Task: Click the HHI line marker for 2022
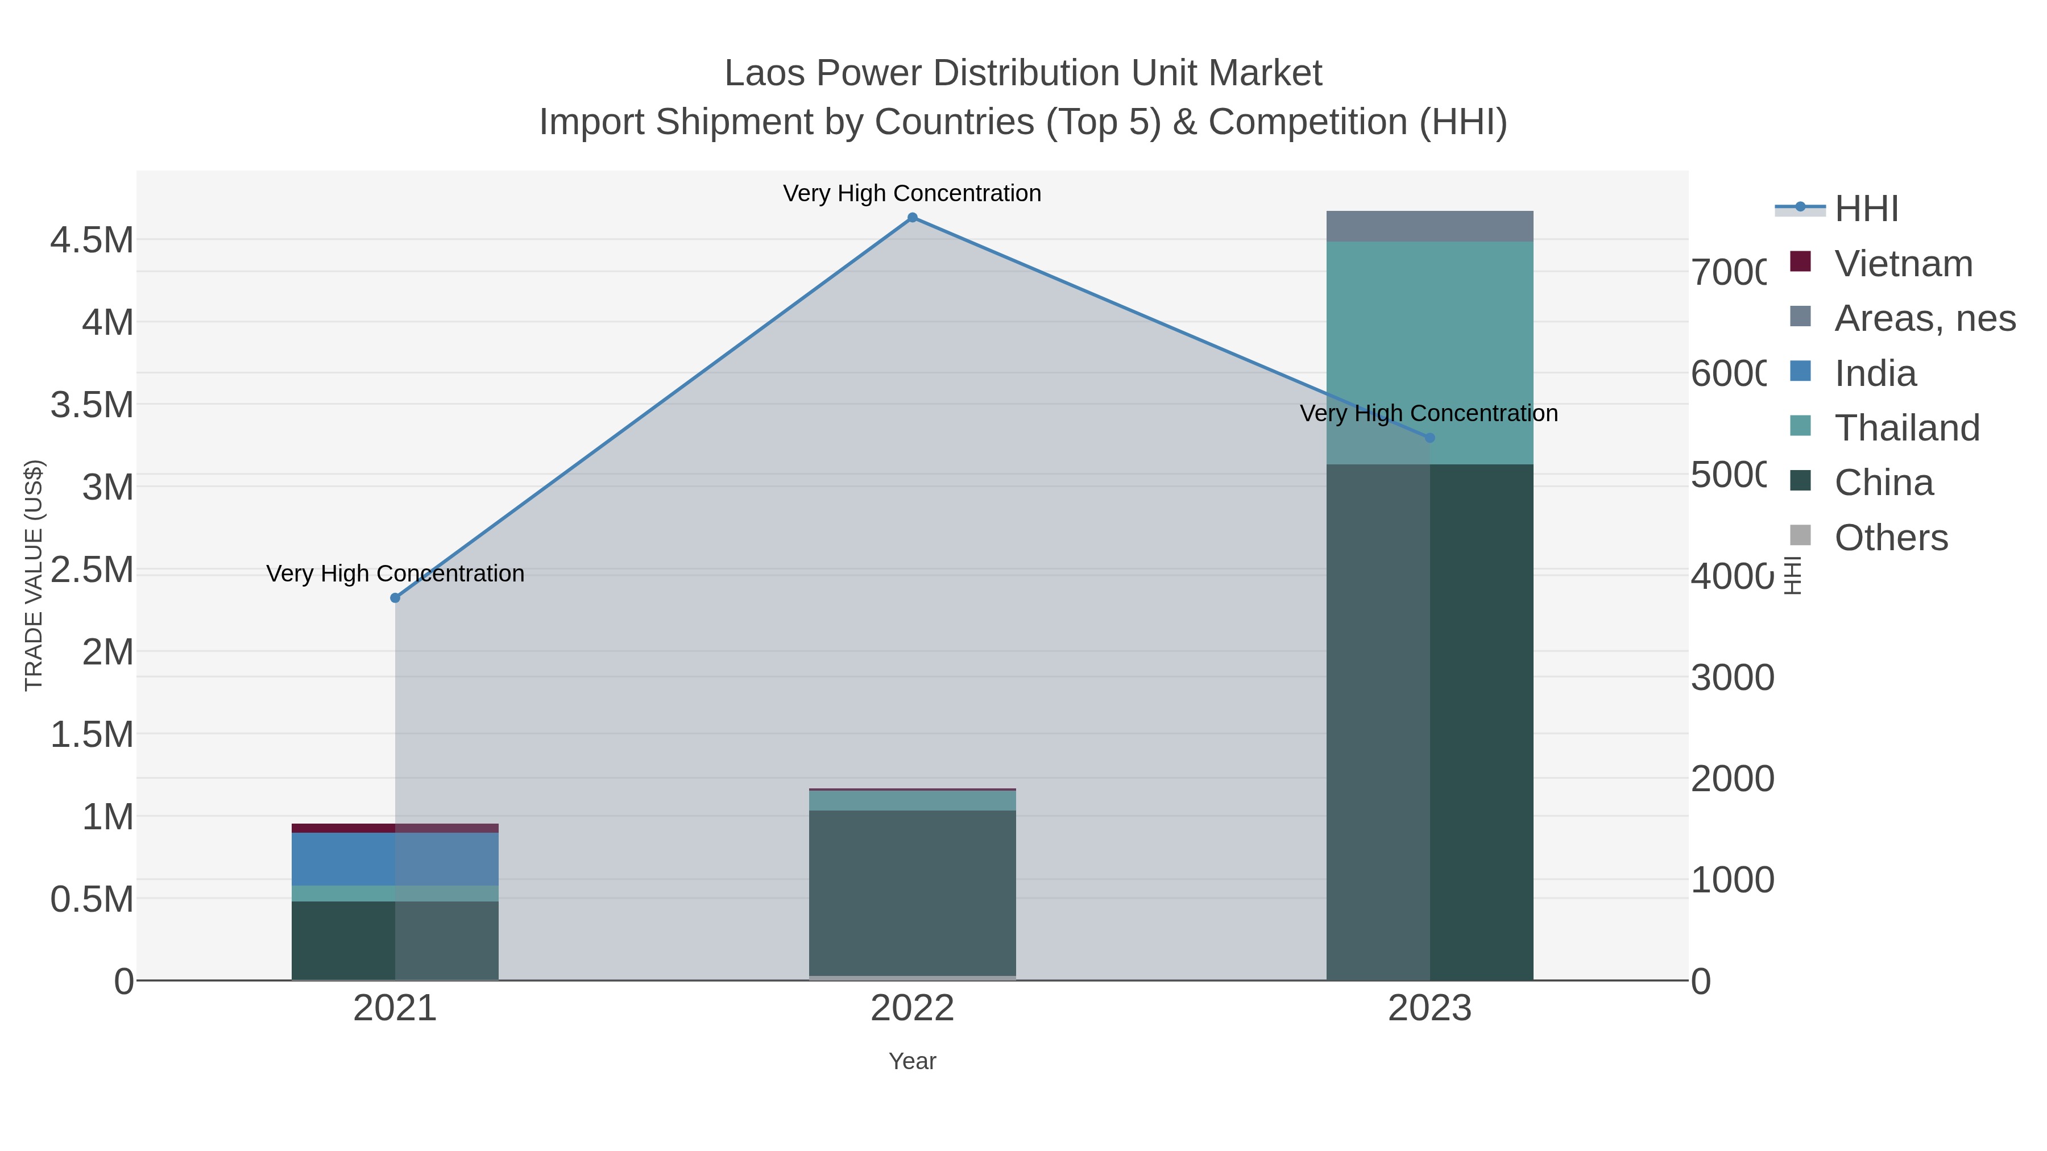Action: (912, 218)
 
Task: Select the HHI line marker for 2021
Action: (395, 598)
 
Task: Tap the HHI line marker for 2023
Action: (1429, 438)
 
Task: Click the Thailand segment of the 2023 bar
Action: (1429, 352)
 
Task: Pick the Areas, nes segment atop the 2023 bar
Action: (1429, 226)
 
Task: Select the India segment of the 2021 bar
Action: (395, 859)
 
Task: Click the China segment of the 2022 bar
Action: (912, 893)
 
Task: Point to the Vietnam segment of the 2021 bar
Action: (395, 828)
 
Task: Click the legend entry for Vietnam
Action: (1903, 264)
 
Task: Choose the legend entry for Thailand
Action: (1907, 428)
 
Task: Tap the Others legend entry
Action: (1891, 538)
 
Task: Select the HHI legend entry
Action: (1866, 209)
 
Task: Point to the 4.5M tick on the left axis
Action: (92, 240)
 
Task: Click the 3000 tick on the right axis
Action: (1731, 678)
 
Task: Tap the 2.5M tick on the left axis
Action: (92, 570)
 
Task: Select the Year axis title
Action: (912, 1061)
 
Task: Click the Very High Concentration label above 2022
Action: (912, 193)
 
